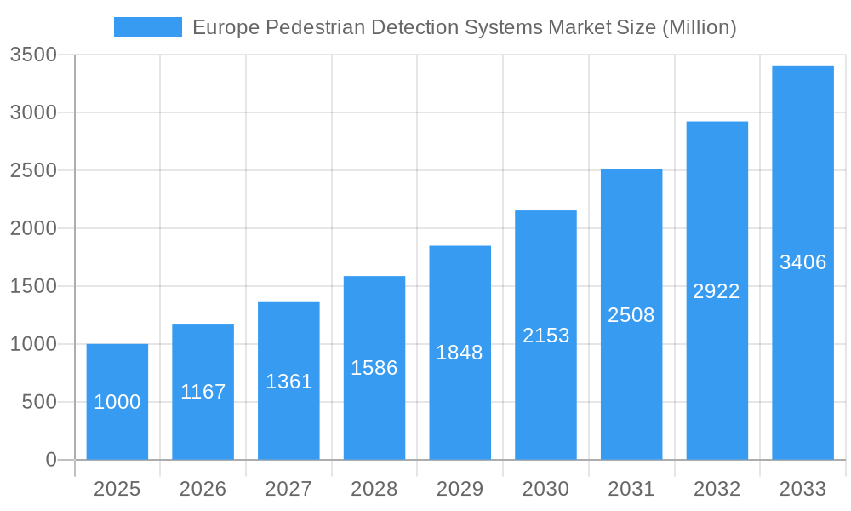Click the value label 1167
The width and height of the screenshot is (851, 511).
203,392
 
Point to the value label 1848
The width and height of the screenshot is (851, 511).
460,353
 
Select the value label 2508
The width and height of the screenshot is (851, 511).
631,315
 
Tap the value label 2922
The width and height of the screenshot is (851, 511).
717,291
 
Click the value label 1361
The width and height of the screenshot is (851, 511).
289,382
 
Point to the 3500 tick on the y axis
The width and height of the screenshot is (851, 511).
33,55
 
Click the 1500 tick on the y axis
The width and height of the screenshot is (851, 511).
33,286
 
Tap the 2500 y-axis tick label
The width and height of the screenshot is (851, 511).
33,170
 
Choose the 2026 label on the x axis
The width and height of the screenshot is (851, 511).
203,489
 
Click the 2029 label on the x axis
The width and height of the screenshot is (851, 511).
460,489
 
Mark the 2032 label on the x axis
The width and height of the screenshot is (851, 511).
717,489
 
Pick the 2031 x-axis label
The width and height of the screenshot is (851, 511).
631,489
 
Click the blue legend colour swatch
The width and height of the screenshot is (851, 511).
148,27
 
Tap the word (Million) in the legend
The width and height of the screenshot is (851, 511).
699,27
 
